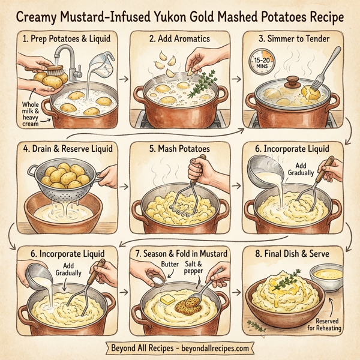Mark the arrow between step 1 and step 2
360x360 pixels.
coord(124,78)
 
